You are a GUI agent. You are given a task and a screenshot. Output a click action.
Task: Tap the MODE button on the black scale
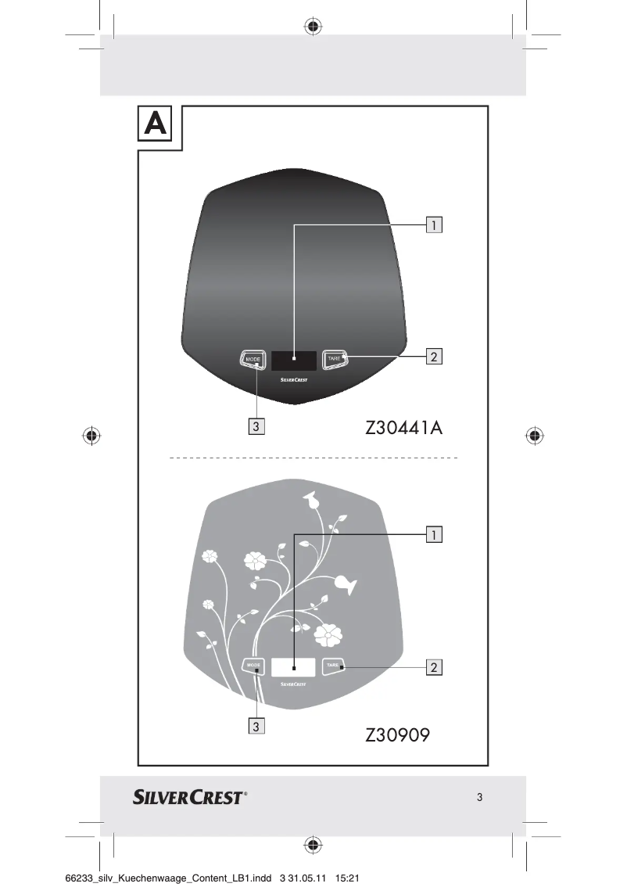[x=253, y=359]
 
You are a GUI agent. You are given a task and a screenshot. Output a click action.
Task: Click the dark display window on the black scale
[x=295, y=360]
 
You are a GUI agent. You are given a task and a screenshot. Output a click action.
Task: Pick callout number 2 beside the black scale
[x=433, y=357]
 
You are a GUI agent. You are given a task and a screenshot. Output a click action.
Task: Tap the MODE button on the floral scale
[x=254, y=666]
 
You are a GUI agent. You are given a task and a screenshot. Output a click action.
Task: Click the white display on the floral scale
[x=293, y=667]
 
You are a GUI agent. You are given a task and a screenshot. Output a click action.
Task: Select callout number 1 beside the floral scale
[x=433, y=534]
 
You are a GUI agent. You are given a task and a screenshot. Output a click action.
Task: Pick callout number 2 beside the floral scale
[x=433, y=666]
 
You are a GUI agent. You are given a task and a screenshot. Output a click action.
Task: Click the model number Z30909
[x=398, y=735]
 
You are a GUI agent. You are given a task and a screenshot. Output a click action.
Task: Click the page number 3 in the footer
[x=479, y=798]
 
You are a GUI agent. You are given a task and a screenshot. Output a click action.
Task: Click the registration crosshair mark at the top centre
[x=313, y=27]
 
